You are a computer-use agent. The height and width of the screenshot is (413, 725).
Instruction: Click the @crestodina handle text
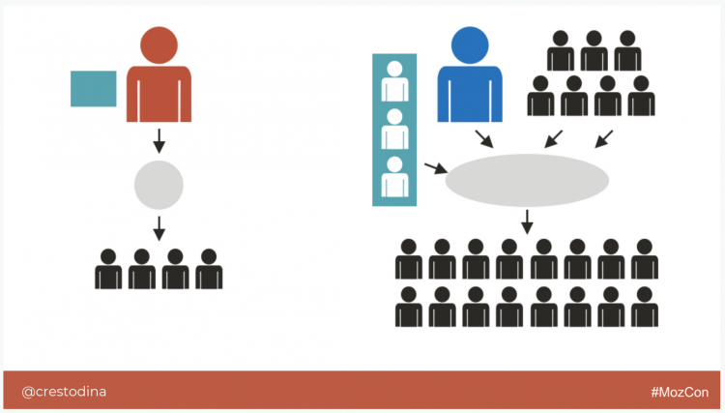(x=64, y=392)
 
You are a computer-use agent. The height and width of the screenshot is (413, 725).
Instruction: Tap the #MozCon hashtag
(x=680, y=392)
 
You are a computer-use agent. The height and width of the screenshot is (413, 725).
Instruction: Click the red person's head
(x=159, y=44)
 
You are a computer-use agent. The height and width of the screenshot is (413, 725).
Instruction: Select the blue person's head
(x=470, y=44)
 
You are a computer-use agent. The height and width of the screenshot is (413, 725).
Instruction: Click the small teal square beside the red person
(x=94, y=89)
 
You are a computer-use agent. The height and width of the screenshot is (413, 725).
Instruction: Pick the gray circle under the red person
(x=159, y=185)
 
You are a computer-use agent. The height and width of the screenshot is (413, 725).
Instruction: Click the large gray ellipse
(x=527, y=180)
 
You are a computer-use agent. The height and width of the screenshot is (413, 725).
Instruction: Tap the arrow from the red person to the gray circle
(x=159, y=141)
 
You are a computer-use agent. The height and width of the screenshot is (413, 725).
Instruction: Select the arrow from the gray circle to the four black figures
(x=159, y=228)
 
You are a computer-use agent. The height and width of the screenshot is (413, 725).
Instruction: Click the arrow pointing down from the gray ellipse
(x=527, y=222)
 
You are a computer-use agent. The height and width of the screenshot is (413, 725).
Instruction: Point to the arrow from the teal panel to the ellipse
(x=436, y=168)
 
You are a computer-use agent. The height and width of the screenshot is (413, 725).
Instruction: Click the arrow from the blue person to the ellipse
(x=484, y=139)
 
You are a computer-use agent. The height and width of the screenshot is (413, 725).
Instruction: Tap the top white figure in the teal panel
(x=394, y=81)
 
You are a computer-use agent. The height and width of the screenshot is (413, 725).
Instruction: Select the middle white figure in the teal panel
(x=394, y=129)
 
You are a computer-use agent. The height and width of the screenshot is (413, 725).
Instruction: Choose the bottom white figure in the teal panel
(x=394, y=177)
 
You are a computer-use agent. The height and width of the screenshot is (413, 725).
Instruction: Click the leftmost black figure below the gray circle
(x=108, y=269)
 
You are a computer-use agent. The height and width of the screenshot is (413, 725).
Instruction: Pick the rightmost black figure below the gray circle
(x=209, y=269)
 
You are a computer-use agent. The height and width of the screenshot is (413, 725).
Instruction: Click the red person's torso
(x=159, y=94)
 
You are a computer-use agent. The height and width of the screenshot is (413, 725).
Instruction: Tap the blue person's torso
(x=470, y=94)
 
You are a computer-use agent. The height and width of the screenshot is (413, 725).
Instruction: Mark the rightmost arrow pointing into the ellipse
(x=604, y=139)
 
